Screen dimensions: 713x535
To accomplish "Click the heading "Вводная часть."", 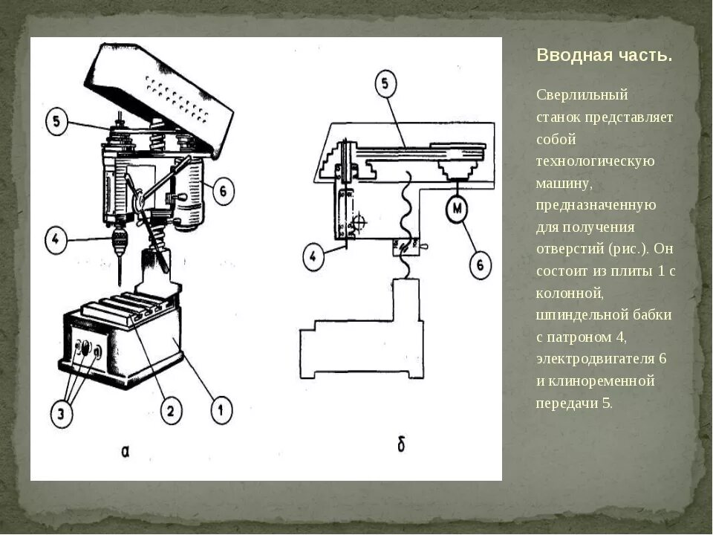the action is pos(604,56).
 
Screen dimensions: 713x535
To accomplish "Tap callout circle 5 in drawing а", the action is pos(57,122).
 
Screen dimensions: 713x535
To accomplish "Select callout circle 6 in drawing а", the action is pos(222,191).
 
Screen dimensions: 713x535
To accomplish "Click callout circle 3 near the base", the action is pos(65,413).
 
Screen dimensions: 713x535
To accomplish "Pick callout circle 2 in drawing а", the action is pos(169,410).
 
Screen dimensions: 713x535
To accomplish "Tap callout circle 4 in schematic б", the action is pos(315,257).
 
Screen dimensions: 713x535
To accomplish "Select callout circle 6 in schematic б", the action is pos(480,264).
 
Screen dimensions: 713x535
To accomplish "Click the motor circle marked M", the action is pos(457,209).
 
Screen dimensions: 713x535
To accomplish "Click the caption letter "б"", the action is pos(401,446).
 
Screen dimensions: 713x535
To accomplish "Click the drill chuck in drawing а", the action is pos(119,240).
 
